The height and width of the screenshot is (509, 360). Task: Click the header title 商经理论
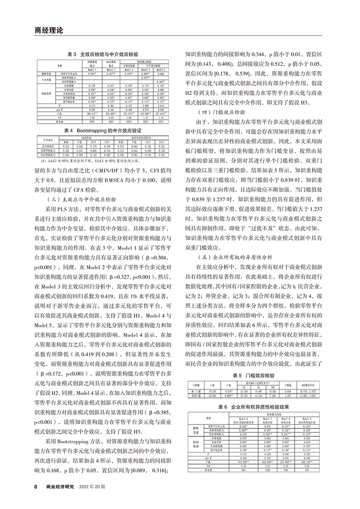(49, 30)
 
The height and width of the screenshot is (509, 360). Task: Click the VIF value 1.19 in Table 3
(161, 118)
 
